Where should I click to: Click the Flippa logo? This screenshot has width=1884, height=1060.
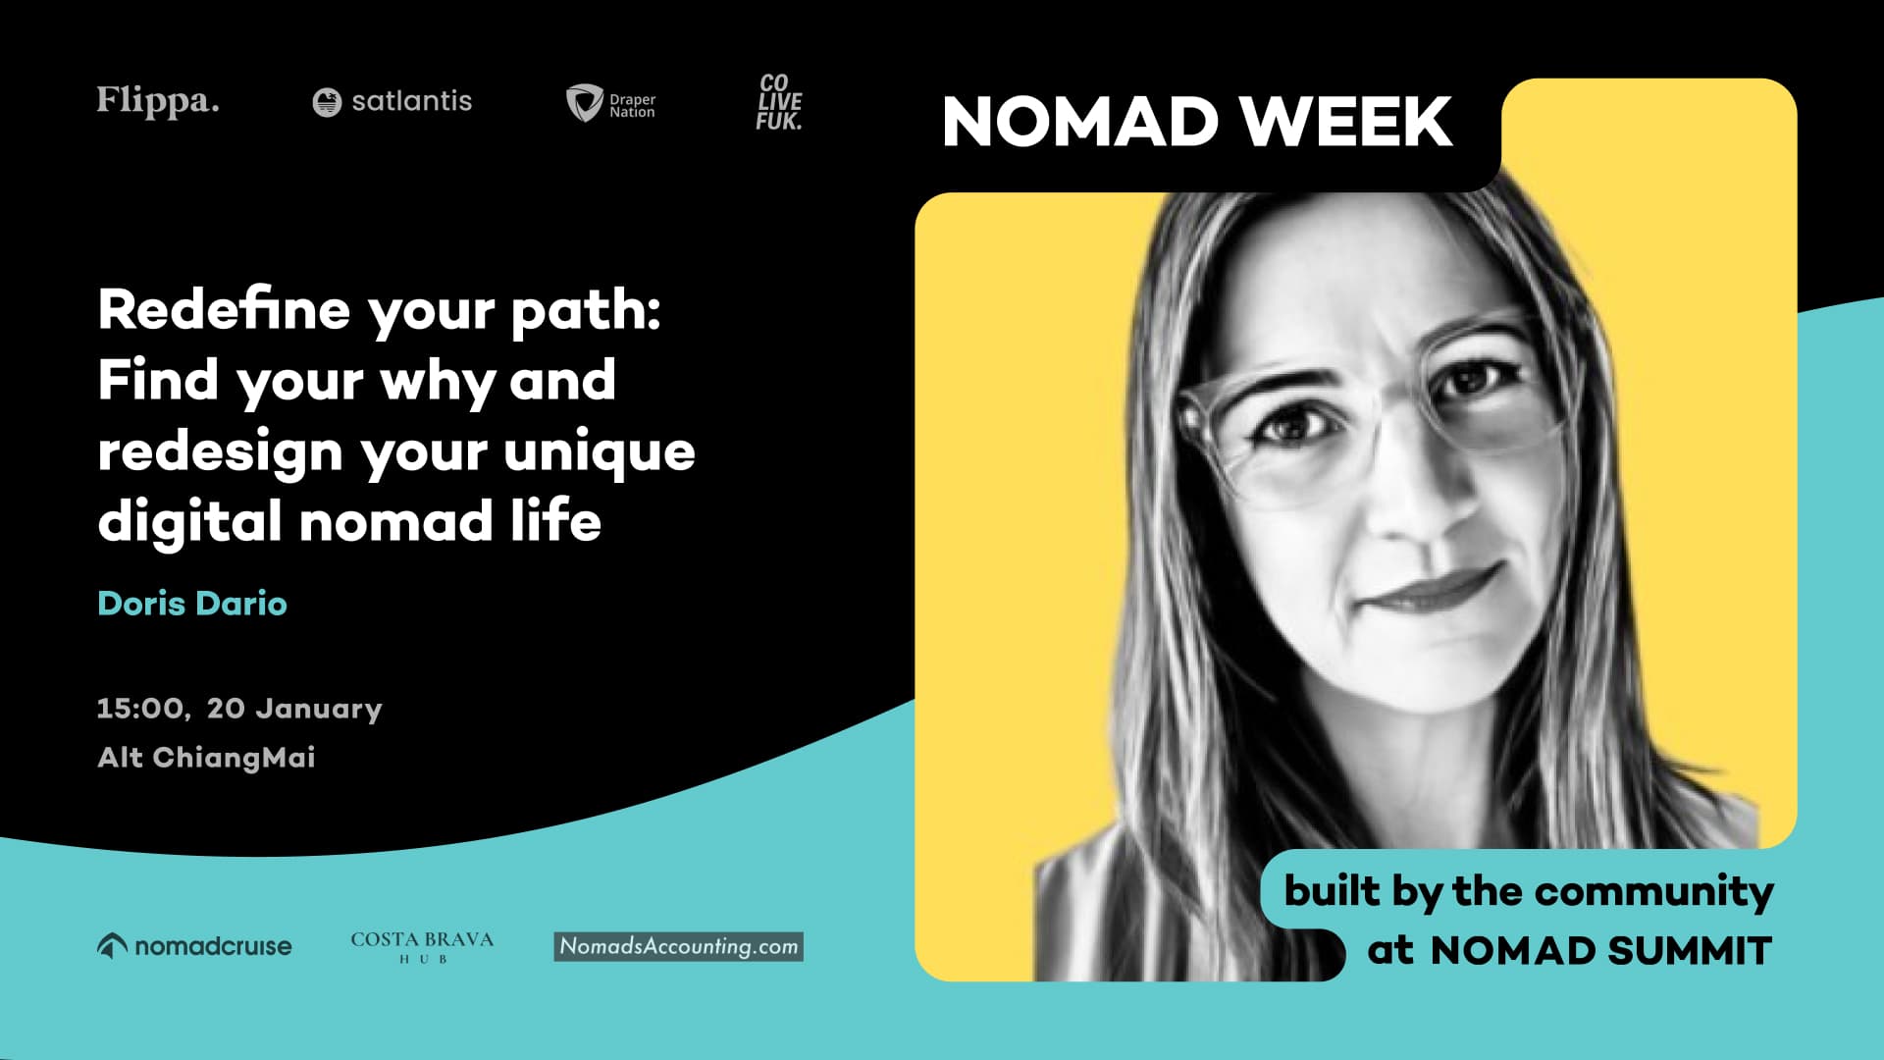tap(158, 101)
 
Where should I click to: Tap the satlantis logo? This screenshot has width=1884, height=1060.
tap(392, 101)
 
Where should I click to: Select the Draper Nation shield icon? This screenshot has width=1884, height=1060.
tap(584, 102)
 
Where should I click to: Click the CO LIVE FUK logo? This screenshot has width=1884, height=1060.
tap(779, 102)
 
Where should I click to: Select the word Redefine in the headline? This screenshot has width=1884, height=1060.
tap(224, 310)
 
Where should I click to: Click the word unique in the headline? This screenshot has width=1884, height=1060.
tap(600, 452)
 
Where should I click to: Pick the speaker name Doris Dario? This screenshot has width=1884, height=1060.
tap(192, 604)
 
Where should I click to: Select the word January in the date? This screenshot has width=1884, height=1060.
tap(319, 710)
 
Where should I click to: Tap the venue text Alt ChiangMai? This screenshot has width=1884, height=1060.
tap(206, 758)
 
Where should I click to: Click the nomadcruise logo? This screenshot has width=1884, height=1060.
tap(194, 946)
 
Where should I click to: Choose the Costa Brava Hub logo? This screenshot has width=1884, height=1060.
tap(422, 946)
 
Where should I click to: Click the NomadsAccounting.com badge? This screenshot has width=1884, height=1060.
tap(678, 946)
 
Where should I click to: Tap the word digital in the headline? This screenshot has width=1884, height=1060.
tap(189, 521)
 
